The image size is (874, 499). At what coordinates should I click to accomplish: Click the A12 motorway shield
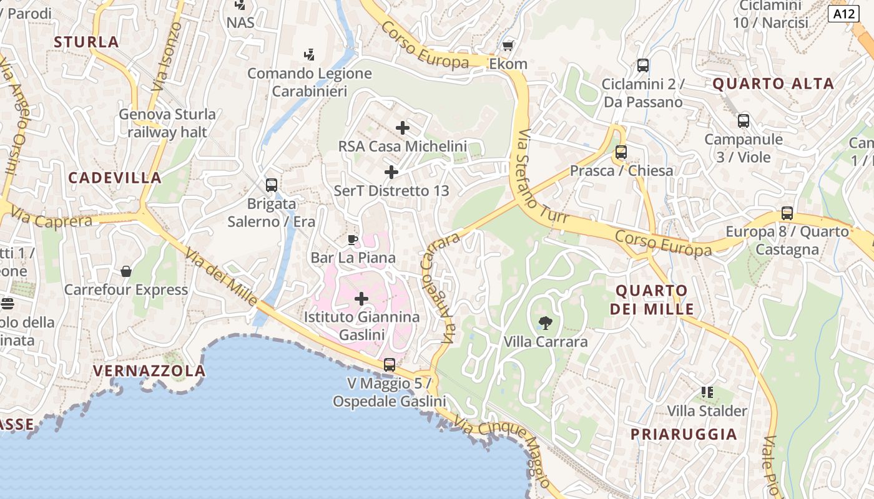(x=844, y=14)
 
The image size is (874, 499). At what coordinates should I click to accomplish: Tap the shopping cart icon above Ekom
(x=508, y=46)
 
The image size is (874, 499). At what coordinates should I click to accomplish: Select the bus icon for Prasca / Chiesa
(x=621, y=152)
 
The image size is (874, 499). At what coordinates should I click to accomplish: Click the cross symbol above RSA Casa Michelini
(x=403, y=128)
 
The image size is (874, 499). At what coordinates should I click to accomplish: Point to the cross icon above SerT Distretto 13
(x=391, y=172)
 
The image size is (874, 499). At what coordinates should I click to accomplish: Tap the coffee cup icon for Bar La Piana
(x=353, y=239)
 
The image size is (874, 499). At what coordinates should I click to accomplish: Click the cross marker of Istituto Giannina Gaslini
(x=361, y=299)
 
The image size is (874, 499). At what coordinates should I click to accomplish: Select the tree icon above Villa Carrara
(x=545, y=322)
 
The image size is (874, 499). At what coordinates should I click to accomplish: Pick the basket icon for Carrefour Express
(x=126, y=271)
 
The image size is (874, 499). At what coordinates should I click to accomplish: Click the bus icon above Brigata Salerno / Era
(x=271, y=185)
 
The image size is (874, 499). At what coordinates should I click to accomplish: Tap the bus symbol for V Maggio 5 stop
(x=389, y=364)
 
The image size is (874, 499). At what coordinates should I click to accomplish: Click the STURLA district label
(x=86, y=42)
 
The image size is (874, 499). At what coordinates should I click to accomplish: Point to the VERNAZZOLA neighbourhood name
(x=149, y=371)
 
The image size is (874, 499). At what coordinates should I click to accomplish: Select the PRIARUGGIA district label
(x=684, y=434)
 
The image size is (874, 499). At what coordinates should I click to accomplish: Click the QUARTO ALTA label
(x=773, y=84)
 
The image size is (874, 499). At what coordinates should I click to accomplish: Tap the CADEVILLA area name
(x=115, y=178)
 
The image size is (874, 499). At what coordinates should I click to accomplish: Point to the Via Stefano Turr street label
(x=539, y=181)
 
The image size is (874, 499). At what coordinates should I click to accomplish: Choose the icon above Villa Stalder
(x=707, y=392)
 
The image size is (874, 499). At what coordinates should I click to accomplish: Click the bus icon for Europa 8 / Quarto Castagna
(x=787, y=213)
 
